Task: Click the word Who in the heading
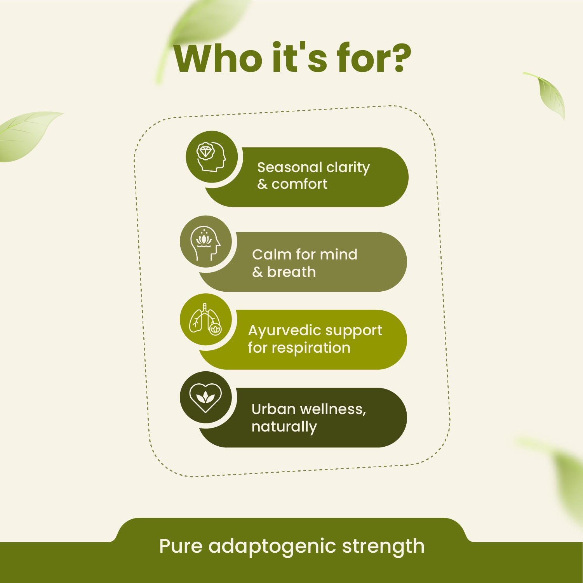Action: pyautogui.click(x=218, y=59)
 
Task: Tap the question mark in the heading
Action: pyautogui.click(x=399, y=59)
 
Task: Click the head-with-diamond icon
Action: pyautogui.click(x=211, y=157)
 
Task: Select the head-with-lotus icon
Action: pyautogui.click(x=205, y=242)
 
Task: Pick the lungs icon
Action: pyautogui.click(x=205, y=320)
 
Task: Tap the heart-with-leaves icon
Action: pyautogui.click(x=205, y=397)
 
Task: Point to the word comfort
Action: pyautogui.click(x=299, y=184)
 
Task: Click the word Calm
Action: pyautogui.click(x=271, y=254)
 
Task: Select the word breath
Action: pyautogui.click(x=291, y=272)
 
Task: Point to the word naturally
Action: pyautogui.click(x=284, y=427)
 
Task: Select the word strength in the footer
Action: pyautogui.click(x=383, y=546)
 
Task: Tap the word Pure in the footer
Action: pyautogui.click(x=181, y=546)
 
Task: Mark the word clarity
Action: pyautogui.click(x=348, y=167)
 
